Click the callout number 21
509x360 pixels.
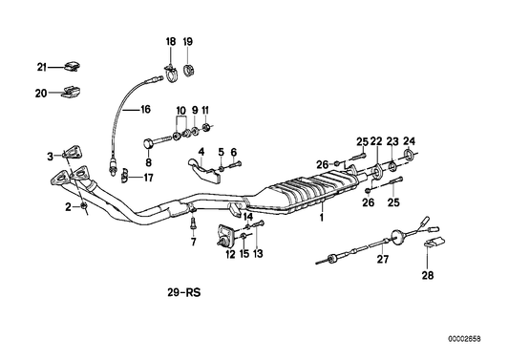point(42,68)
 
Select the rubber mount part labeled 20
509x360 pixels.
point(71,92)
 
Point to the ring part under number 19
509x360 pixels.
point(187,71)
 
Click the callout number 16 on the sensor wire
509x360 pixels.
point(146,109)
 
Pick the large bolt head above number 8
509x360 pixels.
point(148,144)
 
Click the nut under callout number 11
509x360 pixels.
point(206,127)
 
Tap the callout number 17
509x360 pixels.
point(148,178)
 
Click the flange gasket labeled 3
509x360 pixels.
point(73,153)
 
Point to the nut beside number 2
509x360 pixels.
point(83,206)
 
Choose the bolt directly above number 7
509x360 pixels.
point(193,223)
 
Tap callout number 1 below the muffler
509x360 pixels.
point(322,217)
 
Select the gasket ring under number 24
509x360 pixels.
point(409,155)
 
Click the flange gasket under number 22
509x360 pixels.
point(377,172)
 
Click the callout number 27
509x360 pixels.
point(382,259)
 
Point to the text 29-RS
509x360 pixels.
point(184,293)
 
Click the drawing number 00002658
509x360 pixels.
point(464,339)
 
